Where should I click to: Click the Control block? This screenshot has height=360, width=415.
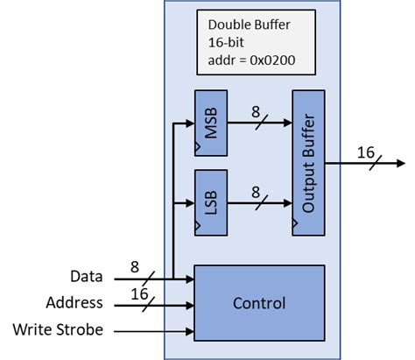(258, 303)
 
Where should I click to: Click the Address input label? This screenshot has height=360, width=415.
(75, 303)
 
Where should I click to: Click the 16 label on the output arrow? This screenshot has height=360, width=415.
(365, 152)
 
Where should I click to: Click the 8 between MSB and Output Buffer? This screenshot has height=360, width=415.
(257, 112)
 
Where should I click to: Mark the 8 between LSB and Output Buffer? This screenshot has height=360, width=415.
(257, 192)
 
